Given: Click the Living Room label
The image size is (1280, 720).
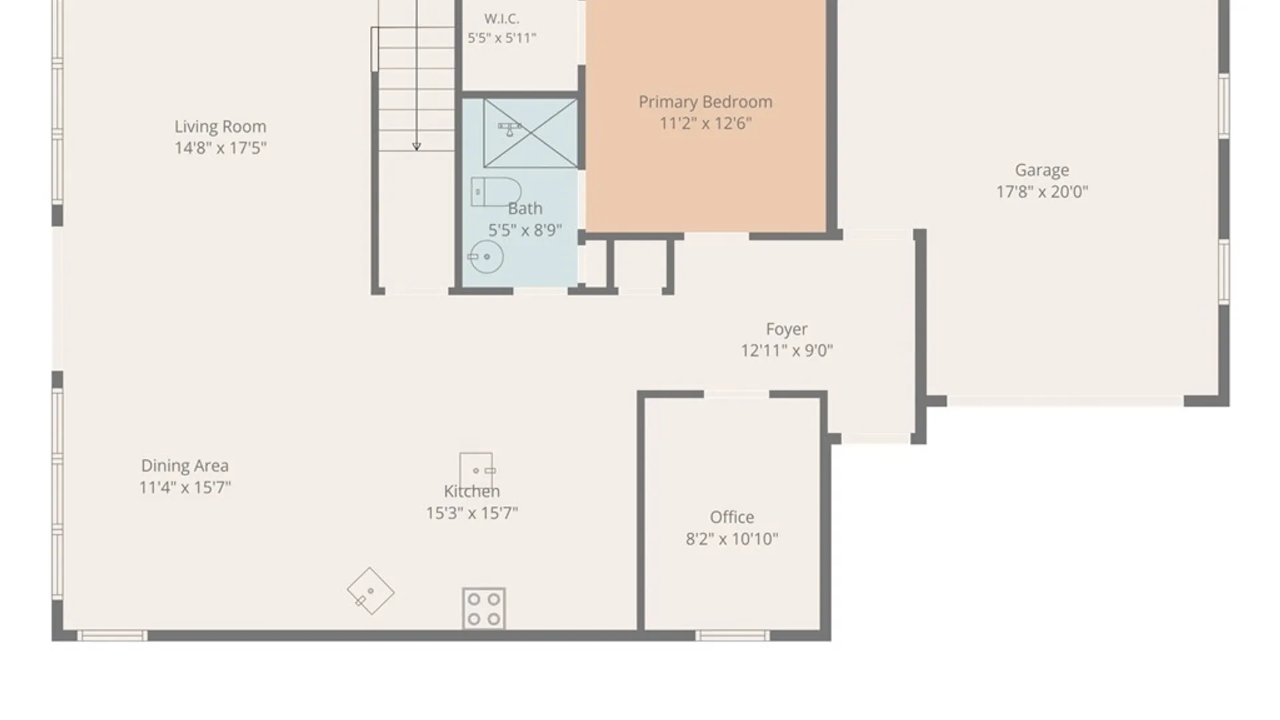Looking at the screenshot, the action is tap(220, 127).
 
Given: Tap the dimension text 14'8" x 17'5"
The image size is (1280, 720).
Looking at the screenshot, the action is tap(220, 148).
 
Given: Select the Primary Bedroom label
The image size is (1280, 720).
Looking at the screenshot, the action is tap(705, 102).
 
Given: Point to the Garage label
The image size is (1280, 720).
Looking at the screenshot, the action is tap(1042, 171).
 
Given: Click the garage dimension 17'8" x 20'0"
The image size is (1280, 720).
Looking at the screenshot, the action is tap(1042, 192).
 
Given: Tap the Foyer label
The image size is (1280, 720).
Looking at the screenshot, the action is tap(787, 329).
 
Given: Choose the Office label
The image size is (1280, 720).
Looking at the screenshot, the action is tap(732, 517).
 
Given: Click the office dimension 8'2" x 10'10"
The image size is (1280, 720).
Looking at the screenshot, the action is tap(732, 539).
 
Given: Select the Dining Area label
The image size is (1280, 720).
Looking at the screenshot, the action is tap(185, 465).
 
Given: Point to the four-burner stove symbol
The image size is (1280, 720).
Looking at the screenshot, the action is tap(484, 609).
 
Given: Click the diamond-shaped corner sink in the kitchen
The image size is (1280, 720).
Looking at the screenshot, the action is tap(371, 591).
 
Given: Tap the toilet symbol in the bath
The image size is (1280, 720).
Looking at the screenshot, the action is tap(495, 192).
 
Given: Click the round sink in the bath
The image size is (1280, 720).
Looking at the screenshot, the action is tap(486, 257).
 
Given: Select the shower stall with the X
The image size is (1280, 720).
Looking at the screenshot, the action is tap(531, 133).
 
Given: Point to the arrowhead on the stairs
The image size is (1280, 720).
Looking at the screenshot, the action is tap(417, 146).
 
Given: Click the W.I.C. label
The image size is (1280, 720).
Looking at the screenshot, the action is tap(502, 19).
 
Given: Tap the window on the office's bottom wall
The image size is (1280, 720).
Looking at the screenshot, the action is tap(733, 636).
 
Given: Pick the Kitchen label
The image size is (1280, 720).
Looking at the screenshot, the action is tap(472, 491).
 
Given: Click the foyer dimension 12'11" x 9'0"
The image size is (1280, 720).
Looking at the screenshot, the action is tap(787, 351).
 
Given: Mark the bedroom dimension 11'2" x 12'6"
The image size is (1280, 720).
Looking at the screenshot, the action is tap(705, 123).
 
